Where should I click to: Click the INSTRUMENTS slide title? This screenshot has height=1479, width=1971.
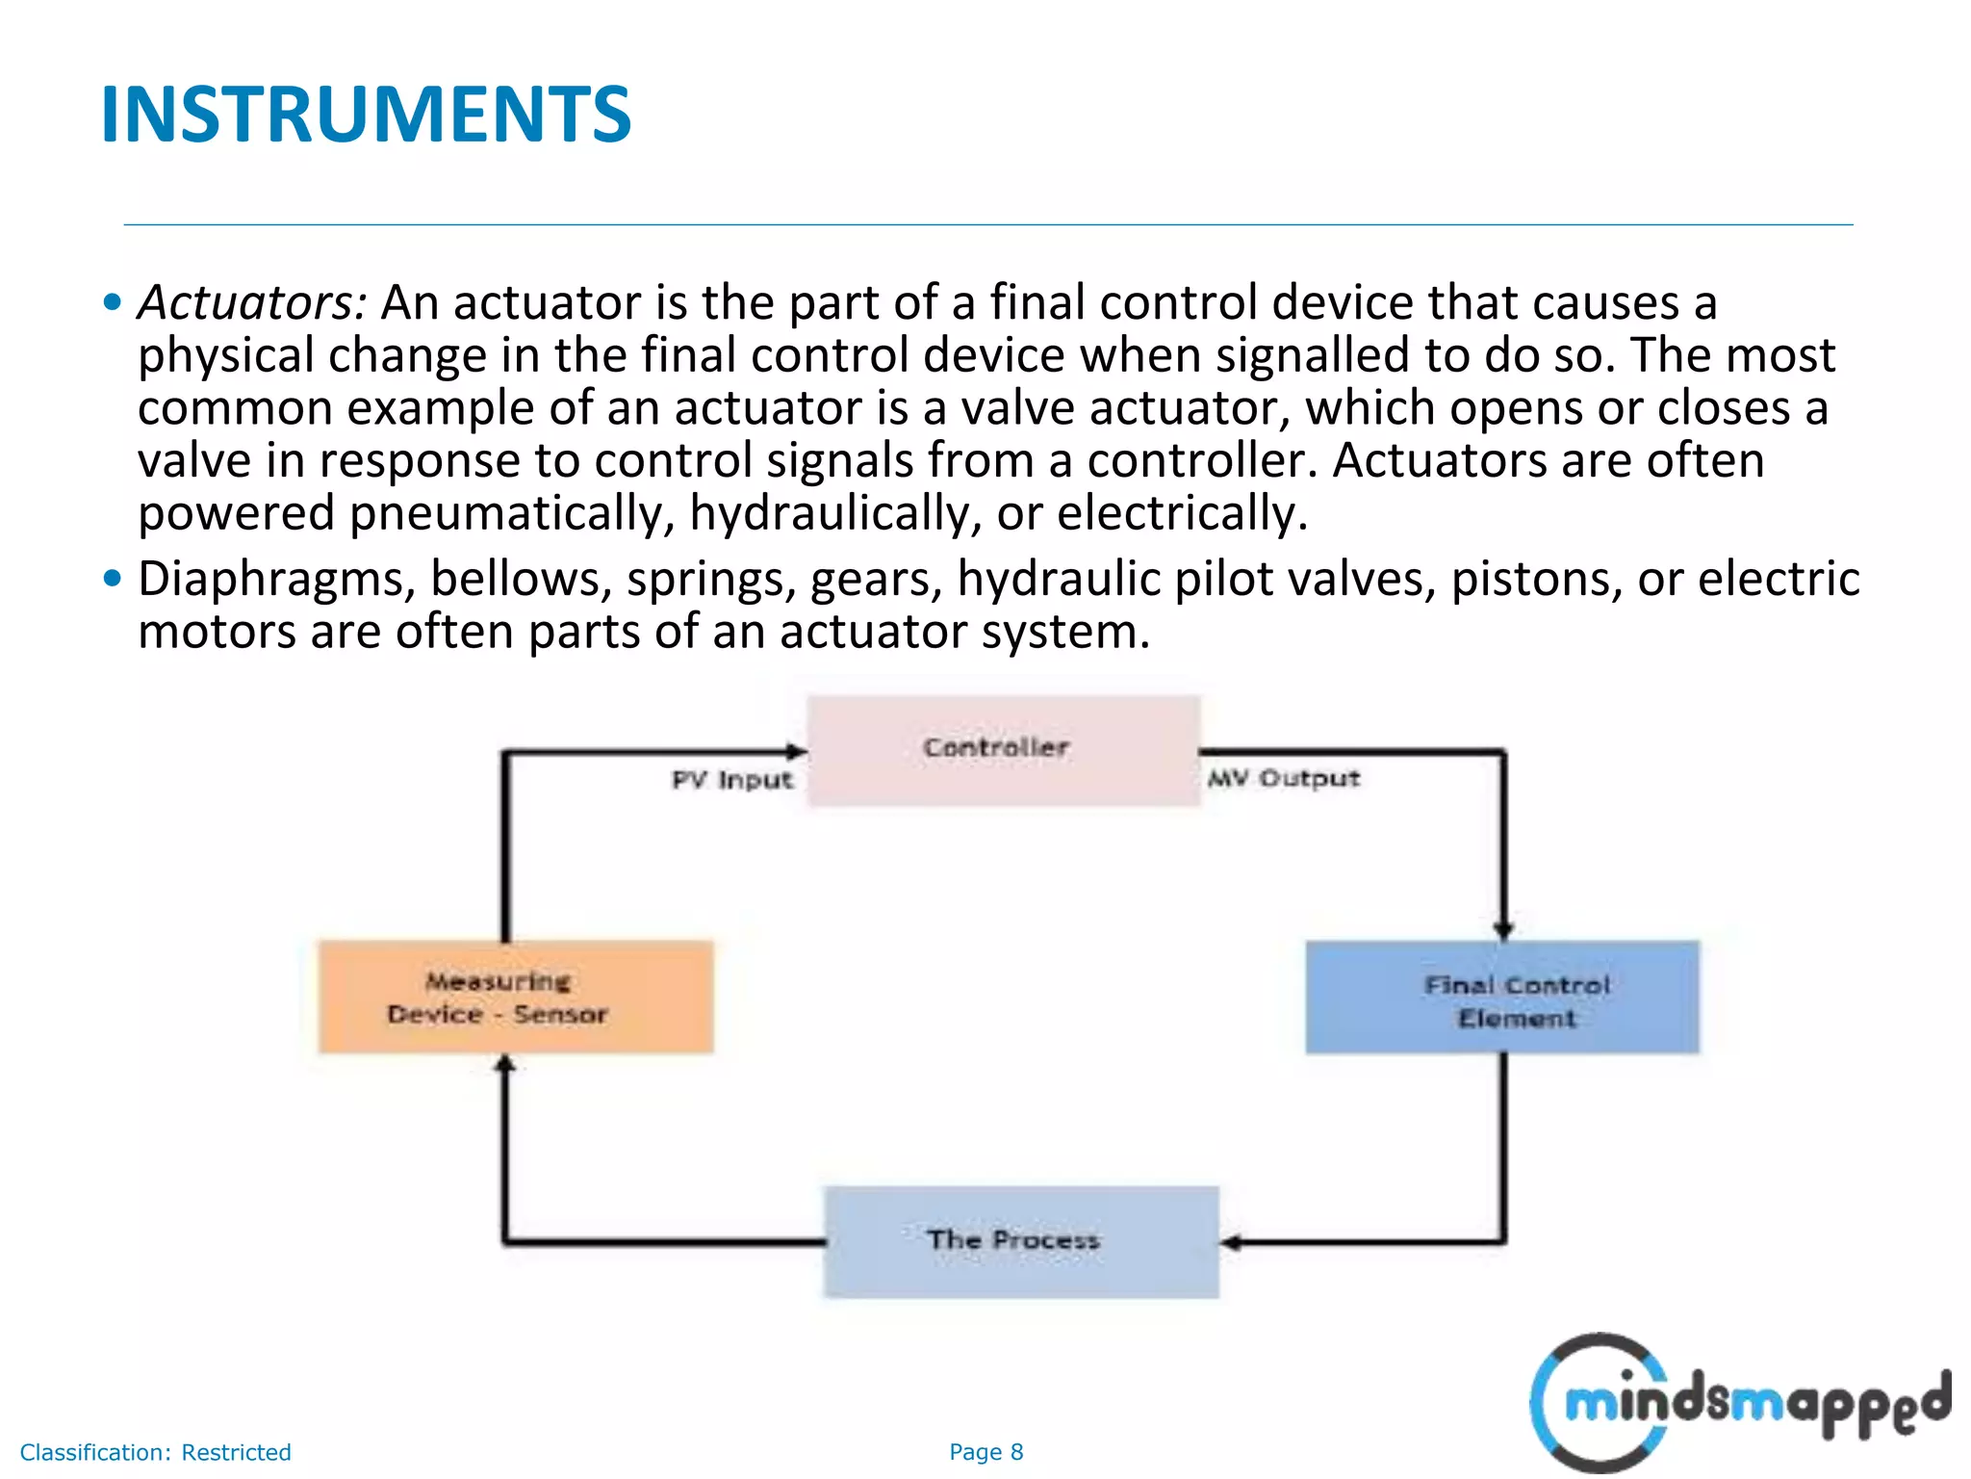pyautogui.click(x=366, y=115)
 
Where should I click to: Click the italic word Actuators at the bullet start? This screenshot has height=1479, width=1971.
pyautogui.click(x=251, y=302)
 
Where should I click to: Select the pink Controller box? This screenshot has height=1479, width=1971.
pyautogui.click(x=1003, y=750)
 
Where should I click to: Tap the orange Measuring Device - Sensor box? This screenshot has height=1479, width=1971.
pyautogui.click(x=516, y=998)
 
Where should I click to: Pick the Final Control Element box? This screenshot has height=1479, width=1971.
pyautogui.click(x=1501, y=999)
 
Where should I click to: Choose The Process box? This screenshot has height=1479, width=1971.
pyautogui.click(x=1020, y=1242)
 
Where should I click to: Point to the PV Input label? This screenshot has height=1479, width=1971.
pyautogui.click(x=732, y=780)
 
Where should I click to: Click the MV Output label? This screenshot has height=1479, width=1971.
pyautogui.click(x=1284, y=778)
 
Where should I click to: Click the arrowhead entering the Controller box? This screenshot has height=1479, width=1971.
pyautogui.click(x=796, y=751)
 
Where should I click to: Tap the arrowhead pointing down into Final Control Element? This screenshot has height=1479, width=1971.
pyautogui.click(x=1503, y=929)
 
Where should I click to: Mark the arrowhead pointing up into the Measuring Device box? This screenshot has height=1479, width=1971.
pyautogui.click(x=504, y=1064)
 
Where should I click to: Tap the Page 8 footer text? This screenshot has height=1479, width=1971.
pyautogui.click(x=985, y=1452)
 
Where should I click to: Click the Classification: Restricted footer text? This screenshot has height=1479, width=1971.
pyautogui.click(x=155, y=1452)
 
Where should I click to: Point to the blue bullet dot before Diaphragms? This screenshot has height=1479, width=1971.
pyautogui.click(x=113, y=579)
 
